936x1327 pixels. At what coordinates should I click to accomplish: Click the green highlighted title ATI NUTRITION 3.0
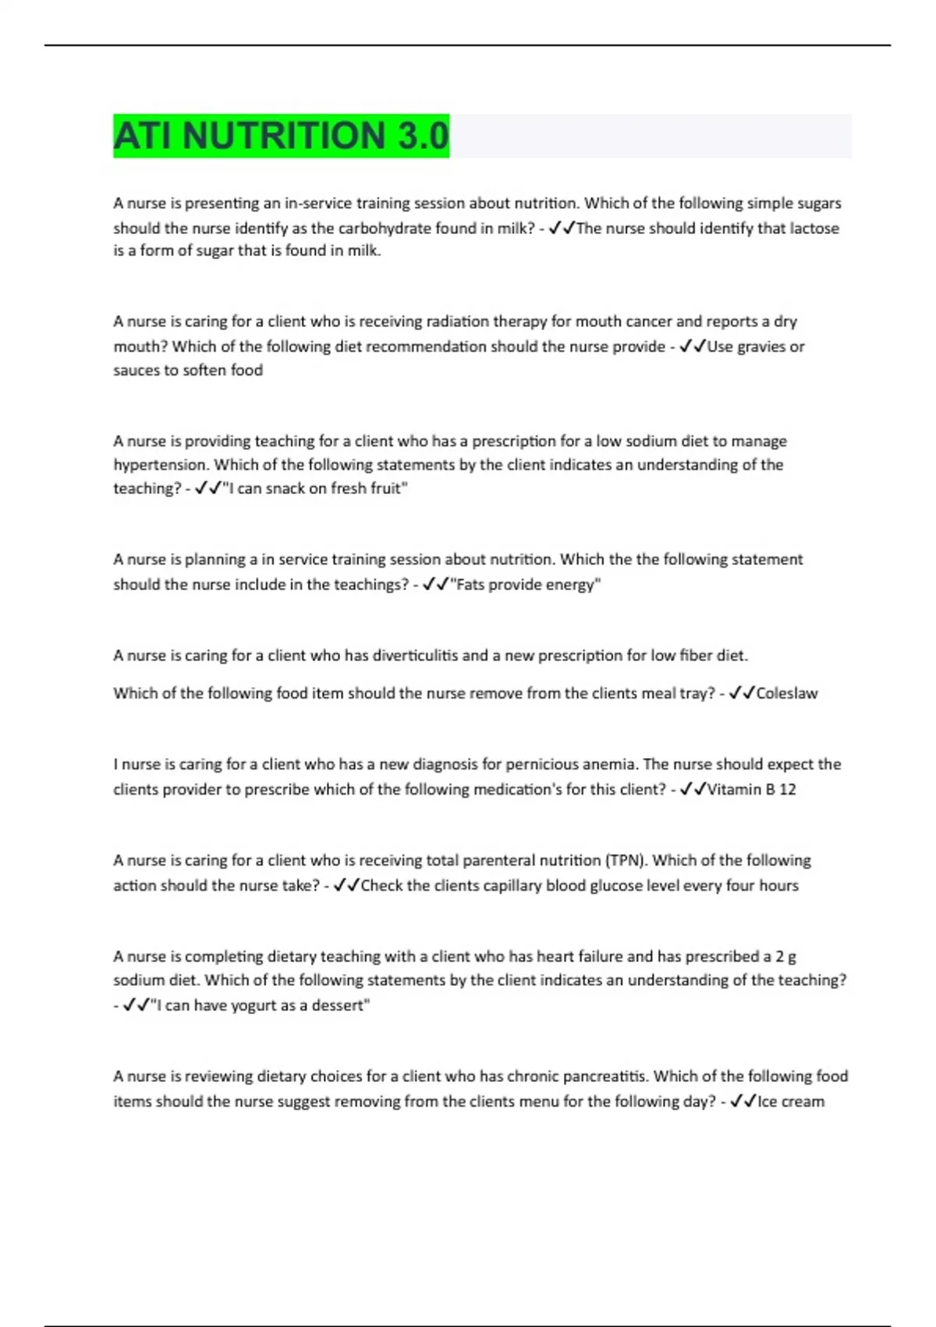click(x=281, y=136)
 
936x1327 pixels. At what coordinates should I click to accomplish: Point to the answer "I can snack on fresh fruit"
click(x=315, y=489)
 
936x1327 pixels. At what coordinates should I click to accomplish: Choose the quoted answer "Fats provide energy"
click(x=526, y=585)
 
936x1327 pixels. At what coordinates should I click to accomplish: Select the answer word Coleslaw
click(x=787, y=693)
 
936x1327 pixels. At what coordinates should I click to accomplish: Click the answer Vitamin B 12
click(x=751, y=789)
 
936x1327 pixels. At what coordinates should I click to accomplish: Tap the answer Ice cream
click(x=791, y=1101)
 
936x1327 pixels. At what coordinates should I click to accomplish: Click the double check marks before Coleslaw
click(x=742, y=693)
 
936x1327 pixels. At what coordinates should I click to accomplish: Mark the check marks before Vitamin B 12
click(x=693, y=789)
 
